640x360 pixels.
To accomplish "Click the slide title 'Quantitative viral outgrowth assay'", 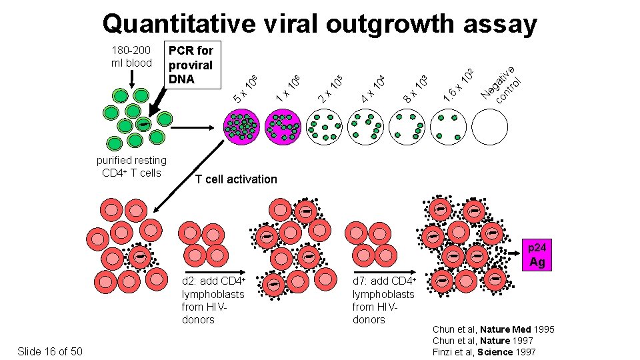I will [319, 24].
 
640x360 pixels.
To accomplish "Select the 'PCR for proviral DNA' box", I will [191, 65].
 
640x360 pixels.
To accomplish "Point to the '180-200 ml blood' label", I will [131, 57].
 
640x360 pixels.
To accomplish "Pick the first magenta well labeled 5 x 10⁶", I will [242, 127].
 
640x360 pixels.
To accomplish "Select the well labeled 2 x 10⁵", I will [325, 127].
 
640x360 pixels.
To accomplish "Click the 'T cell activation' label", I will [236, 179].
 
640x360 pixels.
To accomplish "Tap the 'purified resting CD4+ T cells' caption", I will [131, 166].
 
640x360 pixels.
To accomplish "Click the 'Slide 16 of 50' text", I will [51, 351].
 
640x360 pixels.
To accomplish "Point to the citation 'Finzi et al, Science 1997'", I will [485, 351].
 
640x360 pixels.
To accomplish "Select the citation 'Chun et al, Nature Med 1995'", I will [493, 329].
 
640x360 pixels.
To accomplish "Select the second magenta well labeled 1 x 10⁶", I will [283, 127].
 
